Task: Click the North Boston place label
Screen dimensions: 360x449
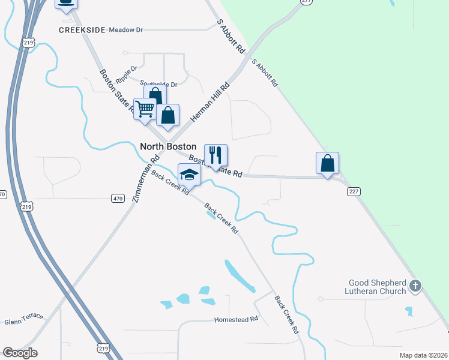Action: click(167, 146)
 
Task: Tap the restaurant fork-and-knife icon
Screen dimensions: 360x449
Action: click(215, 155)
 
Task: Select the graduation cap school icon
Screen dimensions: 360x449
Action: click(189, 175)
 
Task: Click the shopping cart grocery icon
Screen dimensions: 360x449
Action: click(145, 109)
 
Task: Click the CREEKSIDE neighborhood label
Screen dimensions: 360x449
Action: click(82, 29)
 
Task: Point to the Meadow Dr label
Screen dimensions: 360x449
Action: click(125, 29)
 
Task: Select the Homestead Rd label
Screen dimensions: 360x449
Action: click(236, 320)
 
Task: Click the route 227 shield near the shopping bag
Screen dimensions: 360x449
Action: click(353, 191)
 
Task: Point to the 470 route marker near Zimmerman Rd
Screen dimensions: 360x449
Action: click(118, 198)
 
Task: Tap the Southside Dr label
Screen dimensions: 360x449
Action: click(158, 85)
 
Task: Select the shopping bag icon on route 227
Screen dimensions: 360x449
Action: click(327, 163)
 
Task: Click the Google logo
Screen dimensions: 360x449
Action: click(20, 353)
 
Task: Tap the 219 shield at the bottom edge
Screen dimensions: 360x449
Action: click(103, 348)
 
